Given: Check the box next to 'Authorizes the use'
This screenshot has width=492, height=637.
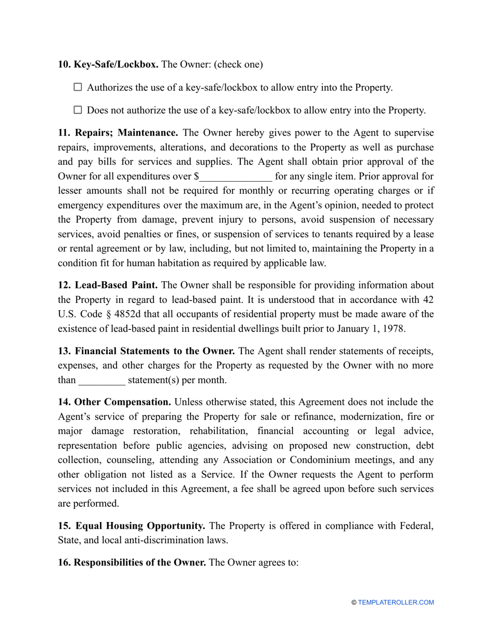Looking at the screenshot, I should (78, 88).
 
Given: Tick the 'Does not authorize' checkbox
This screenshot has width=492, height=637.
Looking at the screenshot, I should (78, 110).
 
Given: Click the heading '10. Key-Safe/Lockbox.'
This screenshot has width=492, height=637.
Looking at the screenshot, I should (108, 65).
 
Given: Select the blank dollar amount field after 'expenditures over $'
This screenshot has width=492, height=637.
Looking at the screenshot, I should (235, 177).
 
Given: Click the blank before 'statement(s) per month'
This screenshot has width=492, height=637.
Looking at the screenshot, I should (102, 380).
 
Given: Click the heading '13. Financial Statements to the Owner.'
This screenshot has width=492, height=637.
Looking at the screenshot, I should (147, 351).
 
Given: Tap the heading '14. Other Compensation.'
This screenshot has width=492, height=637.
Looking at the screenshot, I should (114, 402).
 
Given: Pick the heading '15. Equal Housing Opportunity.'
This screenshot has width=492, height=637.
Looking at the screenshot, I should (132, 526).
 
